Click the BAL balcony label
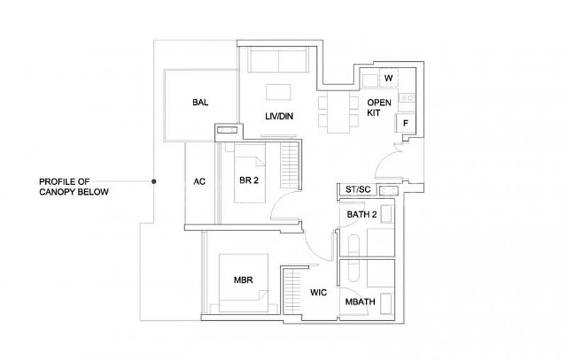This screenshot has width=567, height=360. point(200,103)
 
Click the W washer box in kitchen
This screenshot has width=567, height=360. point(388,78)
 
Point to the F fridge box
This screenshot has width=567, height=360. point(405,123)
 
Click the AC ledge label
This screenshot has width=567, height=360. point(199,181)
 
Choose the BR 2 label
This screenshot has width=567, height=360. point(248,181)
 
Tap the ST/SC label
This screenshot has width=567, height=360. point(358,190)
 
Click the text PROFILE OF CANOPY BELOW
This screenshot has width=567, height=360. point(74,187)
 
